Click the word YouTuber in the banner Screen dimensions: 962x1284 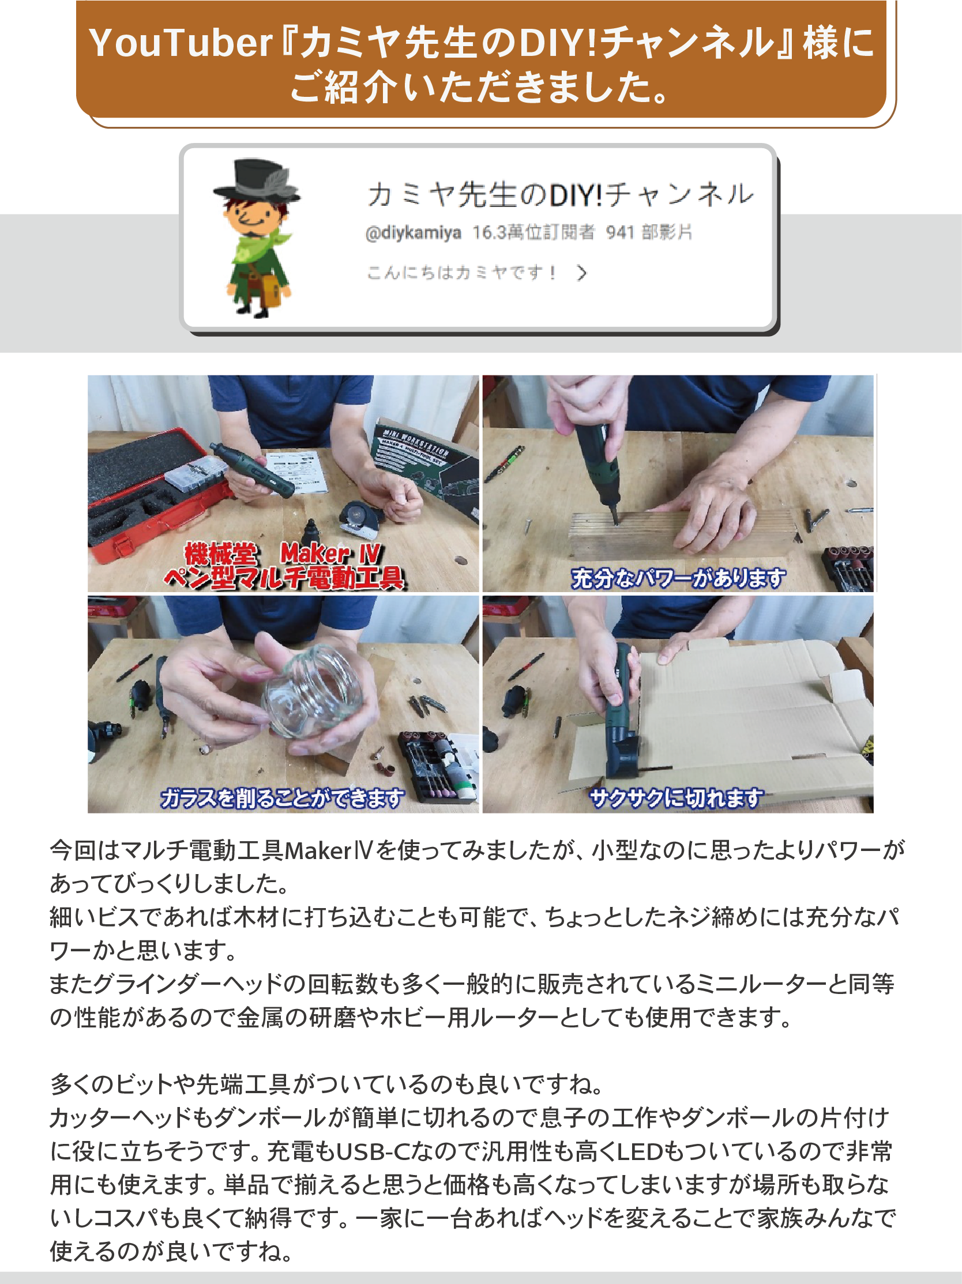click(181, 43)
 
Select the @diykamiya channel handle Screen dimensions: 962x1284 click(414, 233)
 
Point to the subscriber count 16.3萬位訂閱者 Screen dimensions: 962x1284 click(533, 232)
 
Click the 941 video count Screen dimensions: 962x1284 click(619, 232)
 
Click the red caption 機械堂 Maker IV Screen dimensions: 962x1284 click(283, 553)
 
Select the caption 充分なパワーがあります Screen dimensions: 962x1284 click(678, 578)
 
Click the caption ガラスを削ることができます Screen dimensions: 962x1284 click(283, 798)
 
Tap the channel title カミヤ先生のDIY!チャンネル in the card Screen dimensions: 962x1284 click(560, 194)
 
